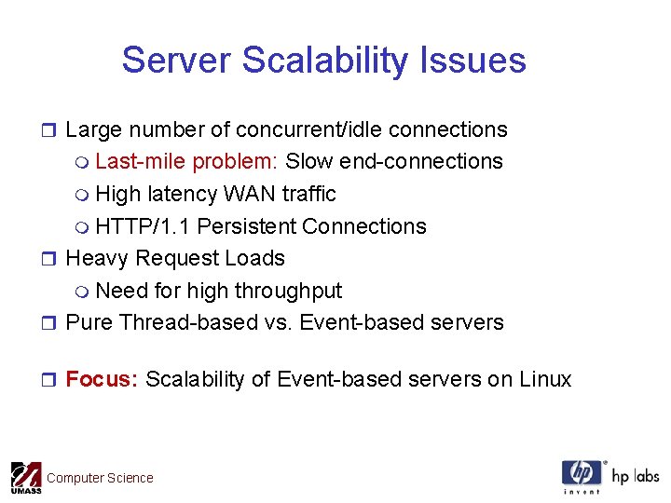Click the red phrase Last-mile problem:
[186, 161]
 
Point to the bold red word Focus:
[102, 379]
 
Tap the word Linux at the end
[545, 379]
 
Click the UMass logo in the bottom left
[25, 478]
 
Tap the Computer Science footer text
[100, 478]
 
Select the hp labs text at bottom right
[635, 476]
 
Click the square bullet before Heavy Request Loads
[52, 259]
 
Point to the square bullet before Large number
[52, 130]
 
